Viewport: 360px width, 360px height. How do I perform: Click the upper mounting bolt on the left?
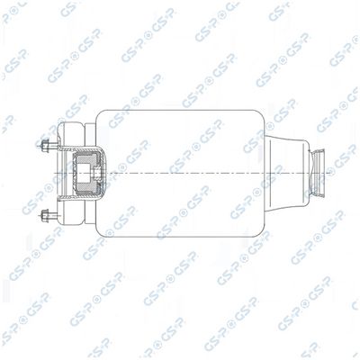click(48, 145)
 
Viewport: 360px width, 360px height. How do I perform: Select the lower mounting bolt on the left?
click(48, 214)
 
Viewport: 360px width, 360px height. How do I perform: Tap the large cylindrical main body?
click(181, 174)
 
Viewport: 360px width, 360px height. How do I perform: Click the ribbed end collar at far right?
click(318, 173)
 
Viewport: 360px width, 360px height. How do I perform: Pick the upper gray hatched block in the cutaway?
click(88, 158)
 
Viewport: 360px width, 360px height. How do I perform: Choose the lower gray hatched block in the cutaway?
click(88, 189)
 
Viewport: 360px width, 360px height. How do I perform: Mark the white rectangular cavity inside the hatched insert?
click(85, 174)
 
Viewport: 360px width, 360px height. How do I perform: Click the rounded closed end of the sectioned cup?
click(104, 174)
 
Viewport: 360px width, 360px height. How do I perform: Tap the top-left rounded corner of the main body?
click(99, 112)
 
